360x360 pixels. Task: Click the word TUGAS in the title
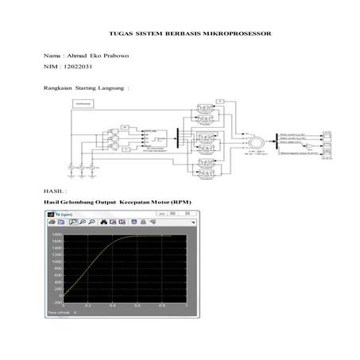pyautogui.click(x=118, y=34)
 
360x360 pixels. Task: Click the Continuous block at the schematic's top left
pyautogui.click(x=81, y=104)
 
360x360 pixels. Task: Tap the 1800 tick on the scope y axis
pyautogui.click(x=57, y=235)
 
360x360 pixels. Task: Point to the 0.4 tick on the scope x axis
pyautogui.click(x=112, y=306)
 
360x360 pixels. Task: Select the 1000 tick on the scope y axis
pyautogui.click(x=57, y=261)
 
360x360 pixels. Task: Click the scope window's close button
pyautogui.click(x=192, y=214)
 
